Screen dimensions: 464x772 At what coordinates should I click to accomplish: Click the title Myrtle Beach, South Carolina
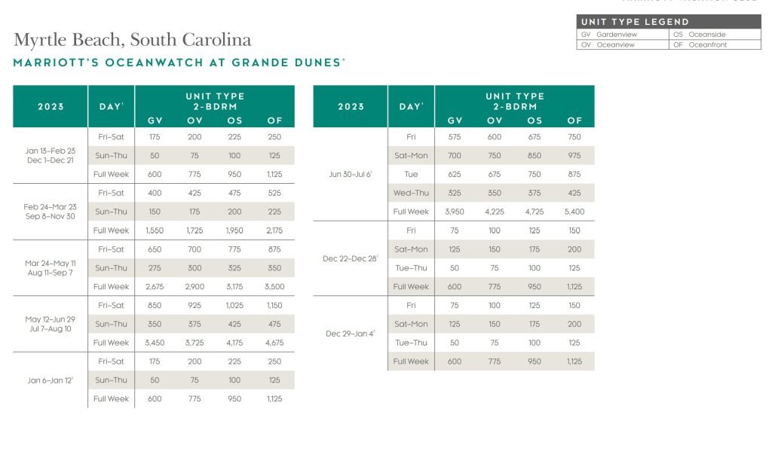pyautogui.click(x=132, y=40)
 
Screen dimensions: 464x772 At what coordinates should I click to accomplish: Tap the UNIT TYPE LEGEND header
pyautogui.click(x=635, y=22)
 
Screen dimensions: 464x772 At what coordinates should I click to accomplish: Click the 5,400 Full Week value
pyautogui.click(x=574, y=212)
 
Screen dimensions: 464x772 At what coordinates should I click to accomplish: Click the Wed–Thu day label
pyautogui.click(x=411, y=193)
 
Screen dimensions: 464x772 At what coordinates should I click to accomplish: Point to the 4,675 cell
pyautogui.click(x=274, y=343)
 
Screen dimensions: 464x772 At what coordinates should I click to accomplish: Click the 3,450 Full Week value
pyautogui.click(x=154, y=343)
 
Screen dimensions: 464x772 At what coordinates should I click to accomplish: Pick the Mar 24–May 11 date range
pyautogui.click(x=51, y=263)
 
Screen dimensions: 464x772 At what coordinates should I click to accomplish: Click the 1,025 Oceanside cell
pyautogui.click(x=234, y=306)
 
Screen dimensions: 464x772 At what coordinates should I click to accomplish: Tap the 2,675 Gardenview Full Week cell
pyautogui.click(x=154, y=287)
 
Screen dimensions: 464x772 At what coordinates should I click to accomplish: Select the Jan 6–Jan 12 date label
pyautogui.click(x=51, y=380)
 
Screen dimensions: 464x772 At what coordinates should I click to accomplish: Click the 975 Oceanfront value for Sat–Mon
pyautogui.click(x=574, y=156)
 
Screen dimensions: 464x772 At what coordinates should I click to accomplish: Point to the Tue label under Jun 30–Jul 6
pyautogui.click(x=411, y=174)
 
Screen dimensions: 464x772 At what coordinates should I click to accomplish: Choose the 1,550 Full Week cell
pyautogui.click(x=154, y=230)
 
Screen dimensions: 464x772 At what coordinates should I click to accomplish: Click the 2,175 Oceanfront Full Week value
pyautogui.click(x=274, y=230)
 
